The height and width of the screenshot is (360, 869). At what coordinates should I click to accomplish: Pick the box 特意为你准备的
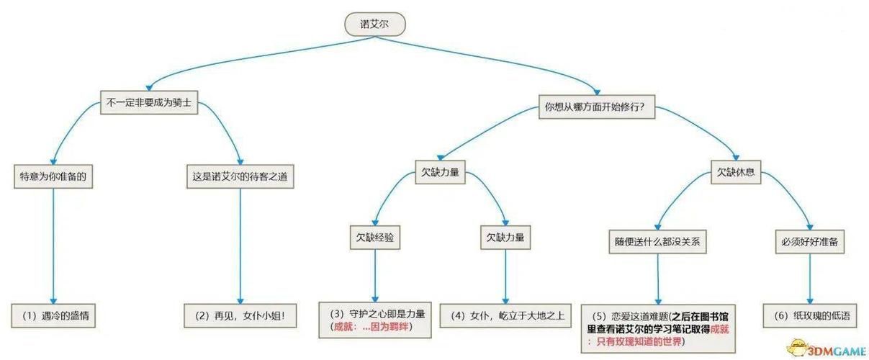(53, 176)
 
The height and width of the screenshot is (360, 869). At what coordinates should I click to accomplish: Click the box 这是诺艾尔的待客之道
(239, 176)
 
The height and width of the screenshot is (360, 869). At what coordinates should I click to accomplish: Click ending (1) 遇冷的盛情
(54, 315)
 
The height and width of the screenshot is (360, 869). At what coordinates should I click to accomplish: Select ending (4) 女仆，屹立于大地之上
(505, 315)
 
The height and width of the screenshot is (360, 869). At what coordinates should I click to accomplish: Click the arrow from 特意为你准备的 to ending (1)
(53, 245)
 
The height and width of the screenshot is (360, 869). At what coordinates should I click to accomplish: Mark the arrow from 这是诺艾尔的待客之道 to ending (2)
(240, 245)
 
